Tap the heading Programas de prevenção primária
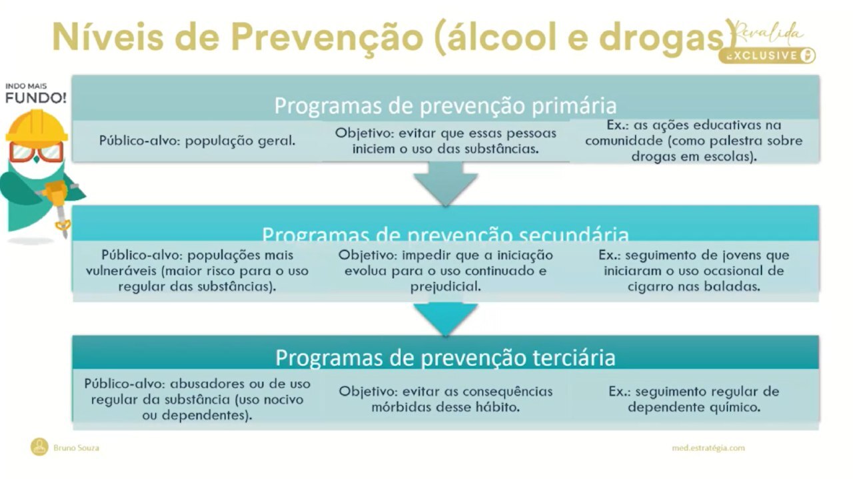click(x=445, y=106)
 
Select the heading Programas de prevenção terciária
click(x=445, y=358)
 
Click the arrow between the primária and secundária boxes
click(x=445, y=185)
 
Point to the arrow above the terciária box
click(x=445, y=316)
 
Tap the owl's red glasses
click(x=37, y=153)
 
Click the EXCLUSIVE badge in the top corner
click(x=766, y=55)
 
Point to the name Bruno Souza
click(x=76, y=448)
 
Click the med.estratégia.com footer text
click(x=708, y=448)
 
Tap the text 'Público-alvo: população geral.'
click(x=197, y=141)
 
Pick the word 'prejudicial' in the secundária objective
click(x=445, y=286)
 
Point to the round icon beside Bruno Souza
click(x=39, y=447)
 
